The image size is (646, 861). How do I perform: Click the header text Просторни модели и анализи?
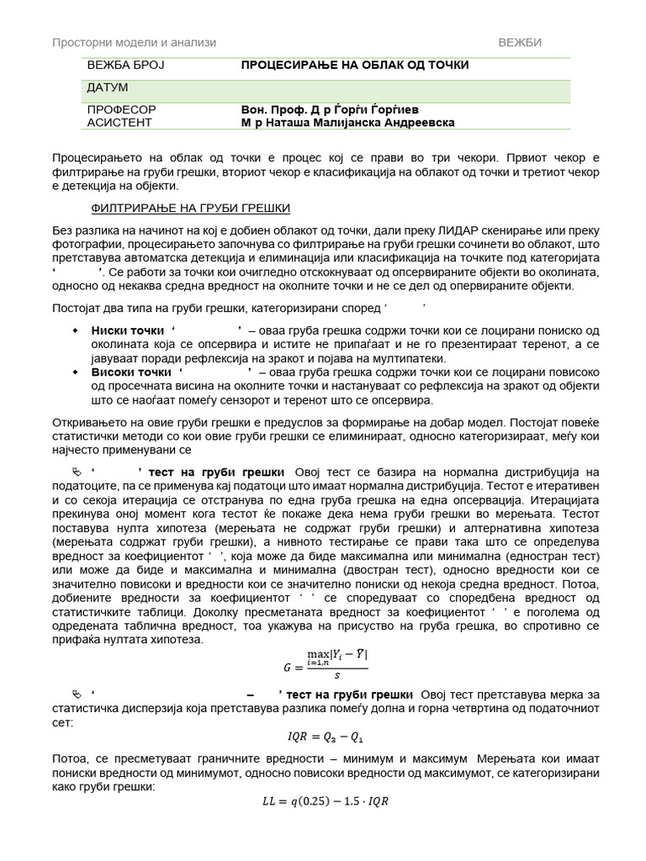(134, 42)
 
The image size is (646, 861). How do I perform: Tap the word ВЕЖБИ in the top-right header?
(520, 42)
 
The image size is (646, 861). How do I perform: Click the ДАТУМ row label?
(107, 87)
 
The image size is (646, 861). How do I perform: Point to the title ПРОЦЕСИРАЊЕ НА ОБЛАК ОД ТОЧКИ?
(355, 65)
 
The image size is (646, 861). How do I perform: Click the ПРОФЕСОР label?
(121, 109)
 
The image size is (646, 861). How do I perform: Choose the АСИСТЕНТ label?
(119, 122)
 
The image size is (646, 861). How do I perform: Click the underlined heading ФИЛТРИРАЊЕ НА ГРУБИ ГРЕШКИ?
(190, 209)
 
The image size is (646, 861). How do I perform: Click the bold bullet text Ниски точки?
(127, 330)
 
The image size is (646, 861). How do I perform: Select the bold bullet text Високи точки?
(131, 372)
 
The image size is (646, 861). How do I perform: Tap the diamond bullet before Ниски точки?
(77, 330)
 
